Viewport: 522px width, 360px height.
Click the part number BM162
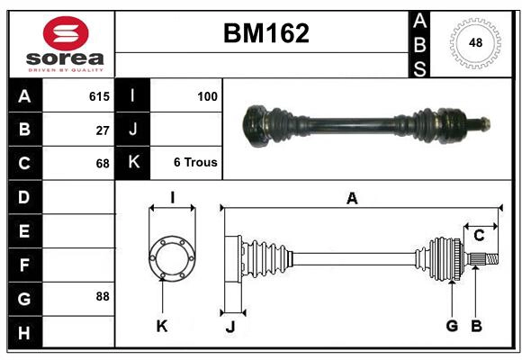click(265, 33)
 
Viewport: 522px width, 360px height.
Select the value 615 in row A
click(99, 96)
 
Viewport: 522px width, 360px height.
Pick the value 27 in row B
click(102, 130)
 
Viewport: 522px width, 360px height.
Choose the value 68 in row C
click(102, 163)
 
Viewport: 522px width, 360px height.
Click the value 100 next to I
click(207, 96)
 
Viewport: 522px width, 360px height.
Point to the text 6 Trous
click(195, 163)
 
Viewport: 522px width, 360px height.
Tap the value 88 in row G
click(102, 296)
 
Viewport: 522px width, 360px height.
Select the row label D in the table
click(24, 196)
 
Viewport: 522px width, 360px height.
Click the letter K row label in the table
click(132, 163)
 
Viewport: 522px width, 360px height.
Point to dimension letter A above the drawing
click(352, 198)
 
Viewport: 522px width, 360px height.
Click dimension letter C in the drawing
click(479, 236)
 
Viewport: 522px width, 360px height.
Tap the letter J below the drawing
click(229, 326)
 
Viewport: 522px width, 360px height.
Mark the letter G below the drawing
click(452, 326)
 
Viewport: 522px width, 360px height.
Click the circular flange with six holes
click(171, 258)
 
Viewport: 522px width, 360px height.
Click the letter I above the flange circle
click(171, 197)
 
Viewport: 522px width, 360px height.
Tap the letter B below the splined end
click(477, 326)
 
